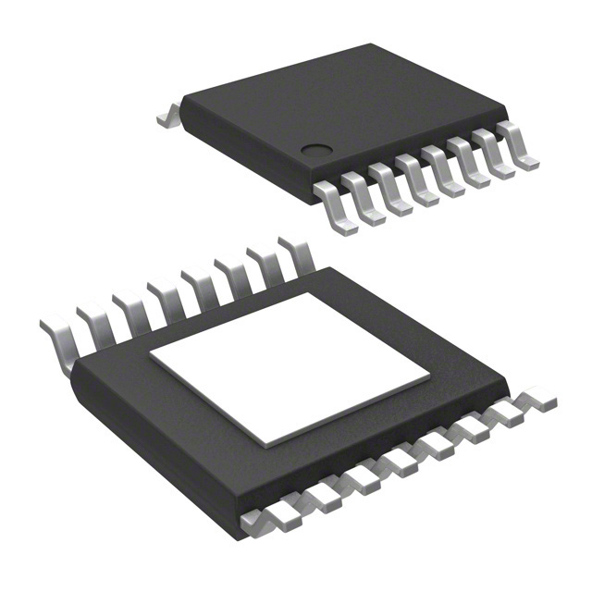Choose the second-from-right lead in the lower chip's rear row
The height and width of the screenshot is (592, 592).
[x=264, y=263]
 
